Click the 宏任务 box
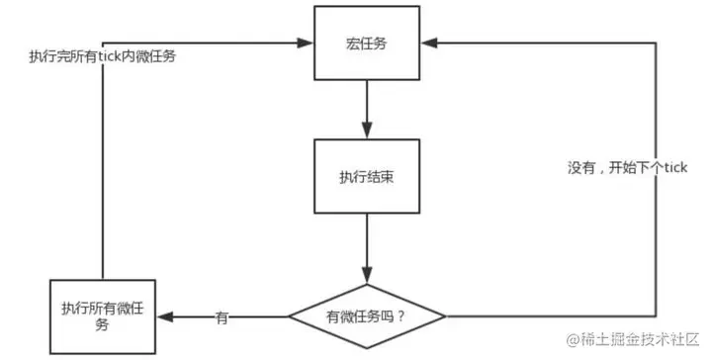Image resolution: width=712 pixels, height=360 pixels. [367, 44]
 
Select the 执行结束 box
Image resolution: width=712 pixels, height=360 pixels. [367, 175]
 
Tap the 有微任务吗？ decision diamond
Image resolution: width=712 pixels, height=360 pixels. [366, 316]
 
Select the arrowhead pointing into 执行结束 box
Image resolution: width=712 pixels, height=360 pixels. [367, 131]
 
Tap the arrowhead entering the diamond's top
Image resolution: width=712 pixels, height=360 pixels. [367, 275]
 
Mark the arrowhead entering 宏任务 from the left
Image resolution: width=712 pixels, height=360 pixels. [307, 43]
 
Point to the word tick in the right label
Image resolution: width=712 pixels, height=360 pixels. [675, 169]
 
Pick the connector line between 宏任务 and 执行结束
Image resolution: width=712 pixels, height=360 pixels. [367, 104]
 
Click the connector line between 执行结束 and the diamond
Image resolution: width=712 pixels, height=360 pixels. [367, 242]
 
